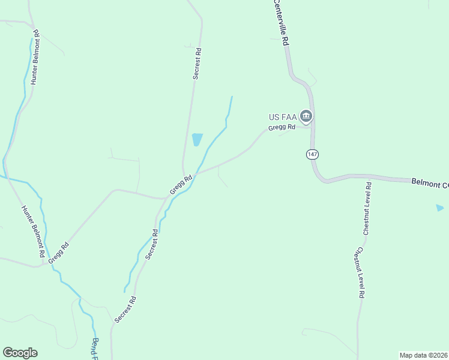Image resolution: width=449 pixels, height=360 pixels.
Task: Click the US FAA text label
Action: (x=282, y=116)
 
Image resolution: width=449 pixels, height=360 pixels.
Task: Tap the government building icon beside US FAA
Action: (x=306, y=115)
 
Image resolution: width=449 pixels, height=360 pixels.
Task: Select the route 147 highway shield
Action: (x=312, y=154)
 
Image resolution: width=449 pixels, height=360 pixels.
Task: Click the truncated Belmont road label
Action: (x=430, y=183)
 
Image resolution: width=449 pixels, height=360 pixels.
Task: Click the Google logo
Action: (x=20, y=353)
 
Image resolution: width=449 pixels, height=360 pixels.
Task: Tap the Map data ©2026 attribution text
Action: (x=423, y=355)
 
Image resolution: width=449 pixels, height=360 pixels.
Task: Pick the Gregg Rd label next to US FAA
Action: (x=282, y=127)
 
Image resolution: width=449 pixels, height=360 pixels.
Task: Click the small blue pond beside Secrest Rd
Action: (x=197, y=139)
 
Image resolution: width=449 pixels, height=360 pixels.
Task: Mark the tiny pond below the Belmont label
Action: (x=440, y=208)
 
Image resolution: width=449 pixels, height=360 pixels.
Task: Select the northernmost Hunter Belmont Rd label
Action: (x=35, y=57)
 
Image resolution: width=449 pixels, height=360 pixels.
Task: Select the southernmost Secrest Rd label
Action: (x=125, y=310)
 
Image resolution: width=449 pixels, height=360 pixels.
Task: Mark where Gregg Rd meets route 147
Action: (x=312, y=127)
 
